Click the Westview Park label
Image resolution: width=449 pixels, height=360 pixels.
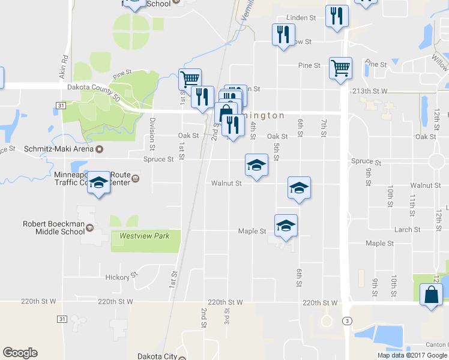(144, 236)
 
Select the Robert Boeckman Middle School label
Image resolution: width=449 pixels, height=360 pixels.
(53, 227)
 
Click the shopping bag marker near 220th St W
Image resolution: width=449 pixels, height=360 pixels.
(431, 295)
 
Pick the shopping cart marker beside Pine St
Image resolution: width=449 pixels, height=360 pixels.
(340, 68)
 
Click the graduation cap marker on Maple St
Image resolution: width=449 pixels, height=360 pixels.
(286, 226)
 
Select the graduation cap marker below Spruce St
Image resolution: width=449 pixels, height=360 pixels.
(256, 165)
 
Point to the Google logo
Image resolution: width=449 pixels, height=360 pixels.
(20, 353)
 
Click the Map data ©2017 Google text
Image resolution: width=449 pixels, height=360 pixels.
(411, 355)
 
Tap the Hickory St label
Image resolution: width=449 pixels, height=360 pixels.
(118, 277)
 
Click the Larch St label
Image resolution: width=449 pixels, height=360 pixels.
(408, 229)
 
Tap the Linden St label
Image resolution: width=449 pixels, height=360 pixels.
(301, 18)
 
